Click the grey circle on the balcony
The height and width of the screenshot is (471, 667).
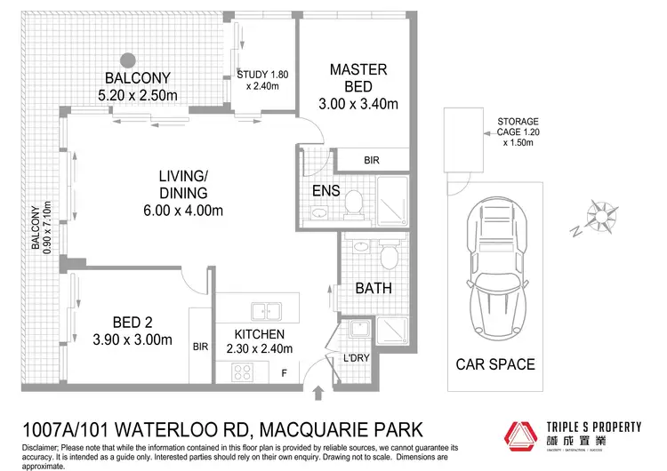click(x=129, y=60)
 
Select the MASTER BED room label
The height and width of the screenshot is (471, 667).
click(x=358, y=68)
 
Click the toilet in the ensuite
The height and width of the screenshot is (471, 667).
click(x=353, y=203)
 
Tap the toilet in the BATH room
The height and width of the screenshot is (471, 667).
click(x=388, y=256)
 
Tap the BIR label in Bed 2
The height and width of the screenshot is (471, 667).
click(x=200, y=349)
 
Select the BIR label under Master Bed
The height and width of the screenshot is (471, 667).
click(x=374, y=161)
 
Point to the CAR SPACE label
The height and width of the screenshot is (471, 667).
click(x=495, y=364)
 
